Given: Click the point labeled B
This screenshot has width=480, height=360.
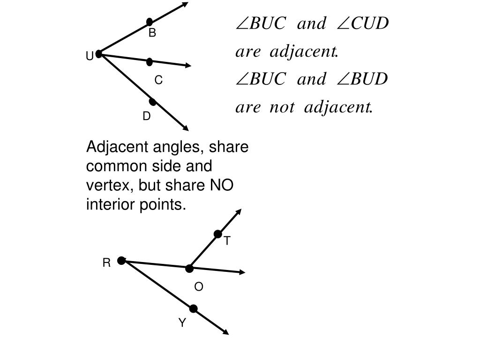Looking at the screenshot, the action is (x=150, y=22).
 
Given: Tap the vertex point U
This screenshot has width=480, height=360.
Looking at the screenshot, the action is (x=99, y=54).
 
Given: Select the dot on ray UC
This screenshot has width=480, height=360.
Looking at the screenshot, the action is (x=150, y=62).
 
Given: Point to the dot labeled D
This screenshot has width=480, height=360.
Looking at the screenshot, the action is (x=152, y=102).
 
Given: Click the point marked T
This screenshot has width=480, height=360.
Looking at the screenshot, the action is (x=217, y=234).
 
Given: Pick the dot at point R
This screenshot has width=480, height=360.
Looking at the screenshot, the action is (x=121, y=261).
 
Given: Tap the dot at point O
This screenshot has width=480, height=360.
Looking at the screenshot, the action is (x=189, y=269).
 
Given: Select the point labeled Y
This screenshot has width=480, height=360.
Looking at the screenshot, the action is (x=193, y=308).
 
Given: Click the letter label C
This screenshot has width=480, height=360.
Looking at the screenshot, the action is (x=158, y=81).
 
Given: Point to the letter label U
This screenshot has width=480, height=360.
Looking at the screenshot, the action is (x=89, y=57).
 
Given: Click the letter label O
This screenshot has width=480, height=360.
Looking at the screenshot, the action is (x=199, y=287).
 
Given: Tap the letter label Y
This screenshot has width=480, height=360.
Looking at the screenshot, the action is (x=182, y=322).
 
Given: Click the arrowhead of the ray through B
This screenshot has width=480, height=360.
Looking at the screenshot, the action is (x=186, y=4).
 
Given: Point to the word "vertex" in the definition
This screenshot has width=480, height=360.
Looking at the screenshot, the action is (x=104, y=186).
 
